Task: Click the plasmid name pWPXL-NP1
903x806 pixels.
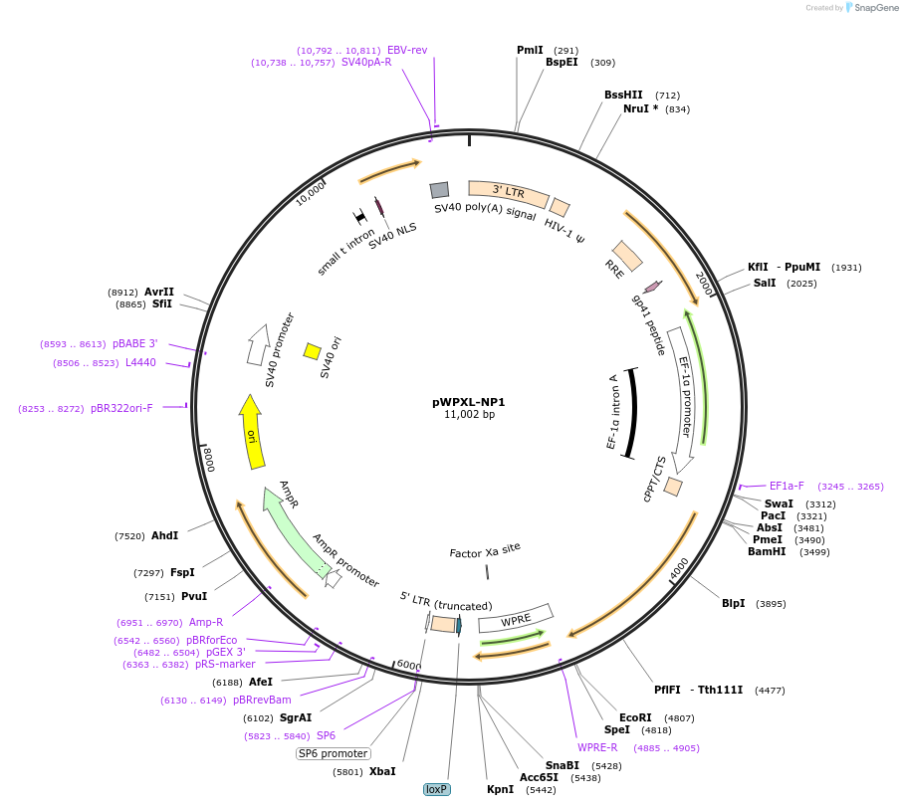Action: pyautogui.click(x=469, y=402)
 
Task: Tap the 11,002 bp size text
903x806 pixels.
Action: pyautogui.click(x=469, y=415)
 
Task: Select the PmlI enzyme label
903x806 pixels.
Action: pyautogui.click(x=530, y=50)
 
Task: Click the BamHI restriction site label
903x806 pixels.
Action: pyautogui.click(x=768, y=551)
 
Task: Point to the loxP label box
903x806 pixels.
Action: pyautogui.click(x=437, y=789)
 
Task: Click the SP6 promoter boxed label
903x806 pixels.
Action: pyautogui.click(x=334, y=753)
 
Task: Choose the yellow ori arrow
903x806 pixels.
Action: pyautogui.click(x=254, y=431)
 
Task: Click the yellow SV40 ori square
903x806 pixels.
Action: pyautogui.click(x=312, y=351)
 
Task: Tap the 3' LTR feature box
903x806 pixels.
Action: pyautogui.click(x=508, y=191)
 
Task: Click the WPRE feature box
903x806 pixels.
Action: pyautogui.click(x=516, y=618)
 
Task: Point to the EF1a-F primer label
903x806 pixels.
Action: pyautogui.click(x=787, y=486)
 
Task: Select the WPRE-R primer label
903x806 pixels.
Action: pyautogui.click(x=597, y=747)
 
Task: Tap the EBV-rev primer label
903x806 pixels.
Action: pyautogui.click(x=407, y=50)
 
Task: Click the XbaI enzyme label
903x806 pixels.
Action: pyautogui.click(x=382, y=771)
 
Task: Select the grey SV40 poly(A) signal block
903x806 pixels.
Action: pyautogui.click(x=439, y=190)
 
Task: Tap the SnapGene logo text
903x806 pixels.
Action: pyautogui.click(x=872, y=8)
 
